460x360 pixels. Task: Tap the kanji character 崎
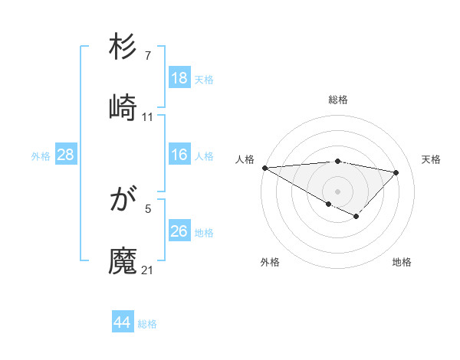pyautogui.click(x=123, y=108)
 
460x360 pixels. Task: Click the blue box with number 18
pyautogui.click(x=179, y=77)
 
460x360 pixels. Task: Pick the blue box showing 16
pyautogui.click(x=179, y=155)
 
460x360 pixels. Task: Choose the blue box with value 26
pyautogui.click(x=179, y=231)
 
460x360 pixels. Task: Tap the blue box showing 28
pyautogui.click(x=66, y=155)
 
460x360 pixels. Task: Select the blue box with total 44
pyautogui.click(x=123, y=322)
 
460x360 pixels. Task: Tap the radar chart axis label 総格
pyautogui.click(x=338, y=100)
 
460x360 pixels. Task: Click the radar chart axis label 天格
pyautogui.click(x=431, y=159)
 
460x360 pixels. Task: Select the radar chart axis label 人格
pyautogui.click(x=245, y=159)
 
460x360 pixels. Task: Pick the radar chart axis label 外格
pyautogui.click(x=270, y=262)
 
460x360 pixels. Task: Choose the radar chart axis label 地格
pyautogui.click(x=402, y=262)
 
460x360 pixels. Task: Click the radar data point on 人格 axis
pyautogui.click(x=264, y=168)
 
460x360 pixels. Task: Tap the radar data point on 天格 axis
pyautogui.click(x=396, y=172)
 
